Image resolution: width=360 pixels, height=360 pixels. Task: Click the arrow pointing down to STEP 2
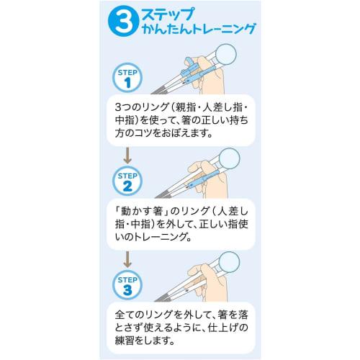tap(127, 154)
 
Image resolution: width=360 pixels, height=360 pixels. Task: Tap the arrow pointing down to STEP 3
tap(127, 258)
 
